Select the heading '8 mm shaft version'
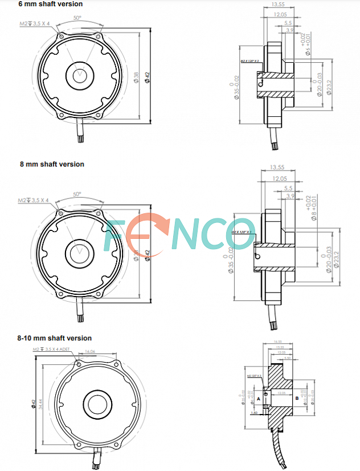[x=52, y=164]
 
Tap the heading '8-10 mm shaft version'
[x=55, y=338]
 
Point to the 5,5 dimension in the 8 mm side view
[x=288, y=188]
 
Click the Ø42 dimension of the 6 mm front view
[x=148, y=77]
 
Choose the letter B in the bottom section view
[x=297, y=397]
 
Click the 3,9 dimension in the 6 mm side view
[x=290, y=30]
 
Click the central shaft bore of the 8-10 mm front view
[x=95, y=403]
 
